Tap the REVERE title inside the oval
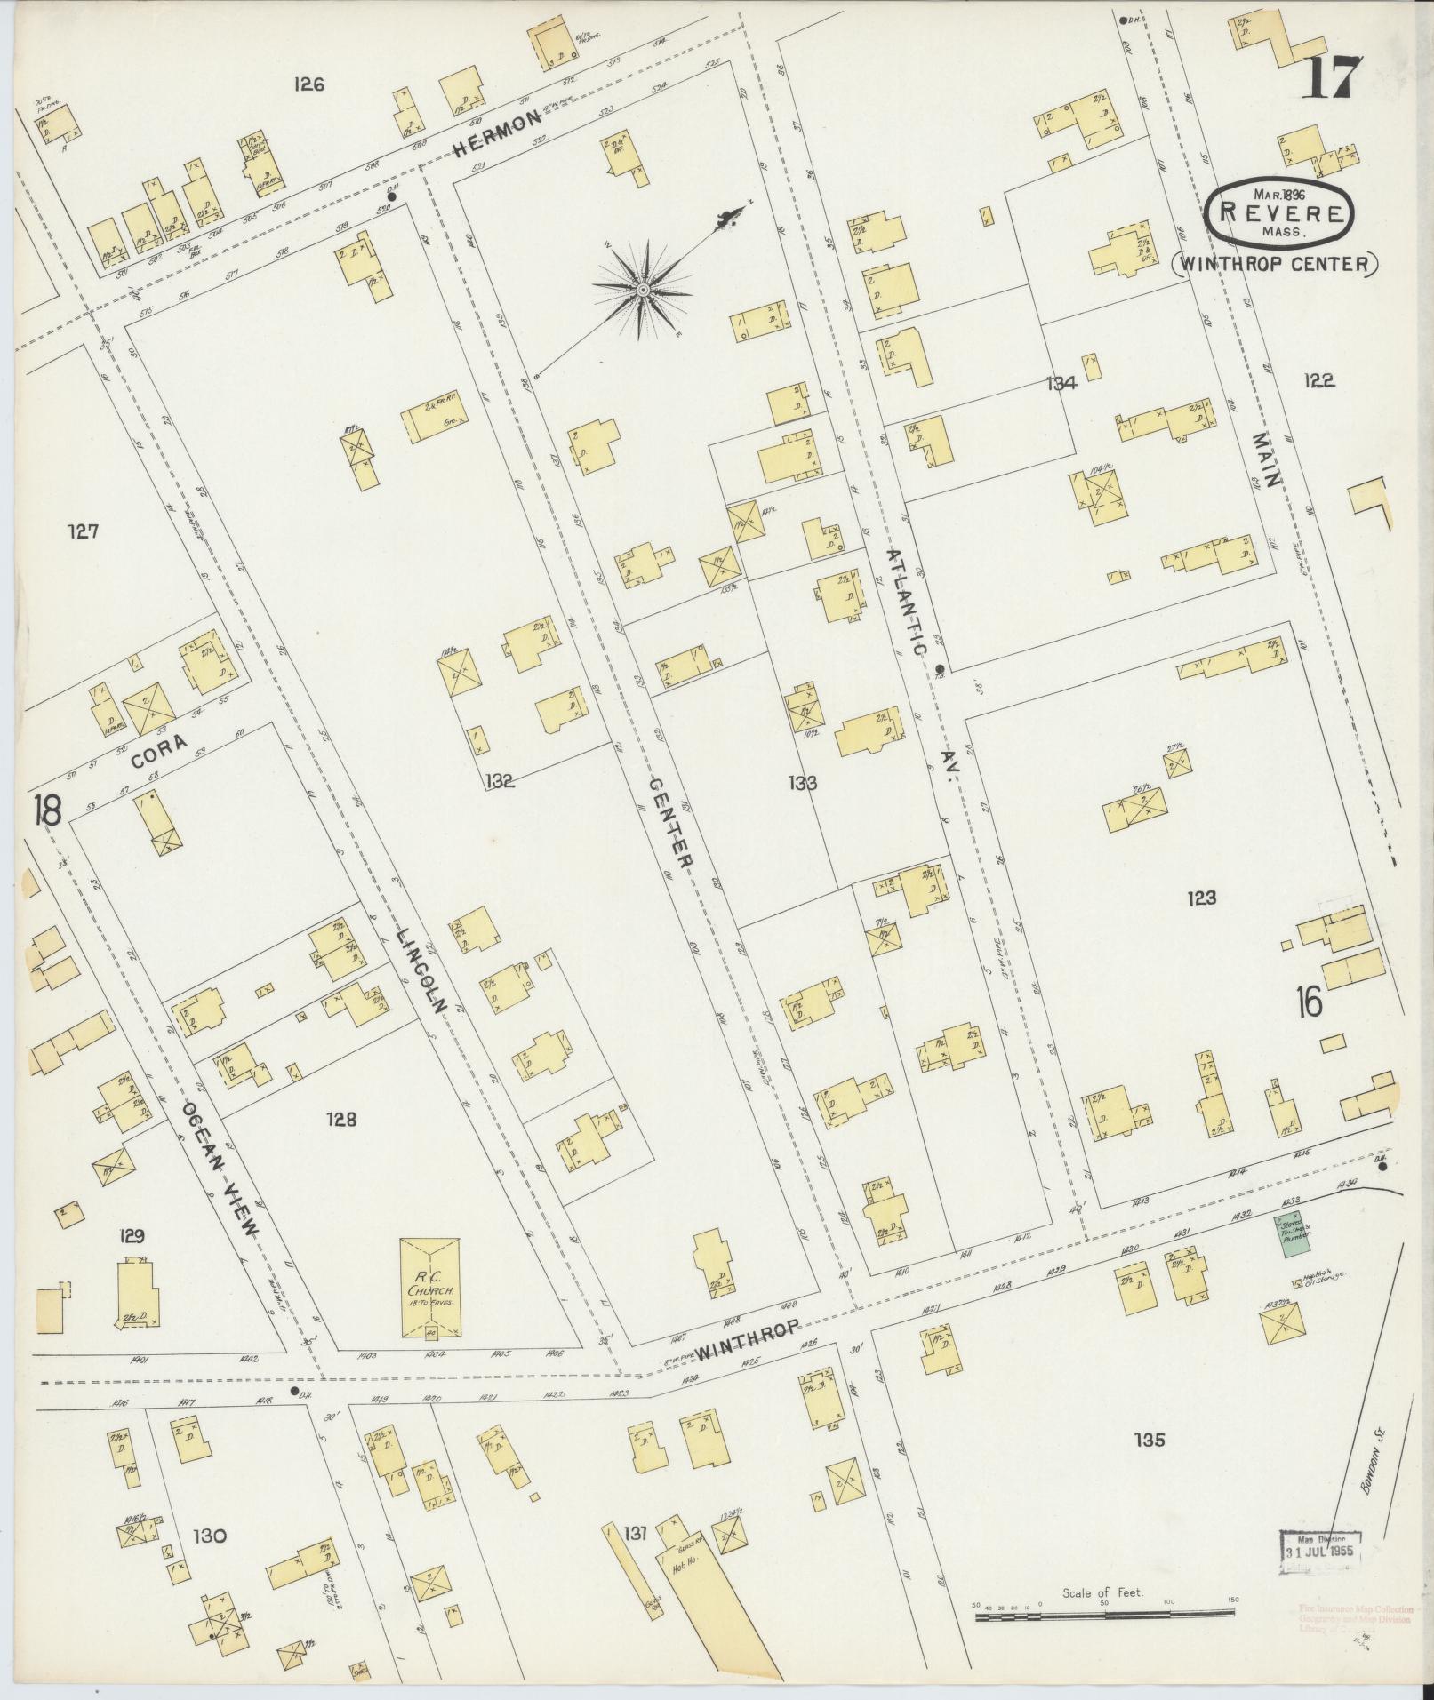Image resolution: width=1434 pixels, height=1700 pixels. [x=1280, y=213]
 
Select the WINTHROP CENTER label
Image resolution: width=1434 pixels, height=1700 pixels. [x=1275, y=264]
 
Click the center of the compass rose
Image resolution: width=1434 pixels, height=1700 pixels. [x=642, y=290]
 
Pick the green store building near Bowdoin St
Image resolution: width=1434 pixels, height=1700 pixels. [x=1294, y=1235]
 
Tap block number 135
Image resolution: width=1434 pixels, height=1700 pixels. [x=1150, y=1440]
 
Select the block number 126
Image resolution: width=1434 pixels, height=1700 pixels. [x=309, y=85]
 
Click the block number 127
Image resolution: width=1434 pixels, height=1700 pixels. [x=83, y=531]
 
